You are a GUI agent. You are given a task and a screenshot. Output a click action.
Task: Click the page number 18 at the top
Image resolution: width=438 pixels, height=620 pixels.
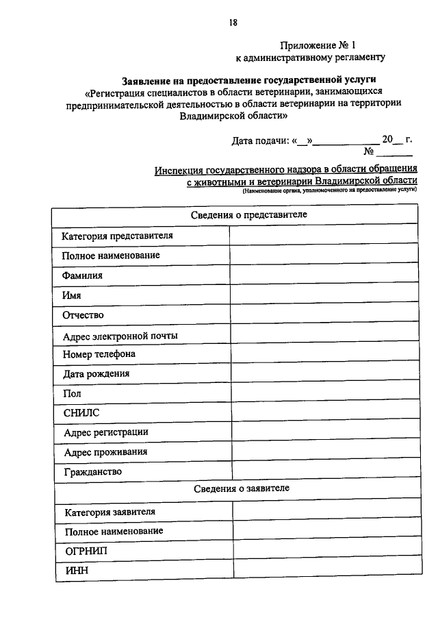(233, 23)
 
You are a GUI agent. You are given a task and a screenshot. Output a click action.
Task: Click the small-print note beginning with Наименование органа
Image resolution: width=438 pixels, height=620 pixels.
(328, 194)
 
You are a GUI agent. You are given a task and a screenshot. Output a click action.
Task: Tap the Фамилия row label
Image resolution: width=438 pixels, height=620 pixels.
(82, 275)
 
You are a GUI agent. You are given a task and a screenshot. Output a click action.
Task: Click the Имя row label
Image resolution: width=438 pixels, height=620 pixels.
(71, 295)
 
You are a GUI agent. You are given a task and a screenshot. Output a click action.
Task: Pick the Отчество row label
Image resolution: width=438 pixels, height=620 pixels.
(83, 315)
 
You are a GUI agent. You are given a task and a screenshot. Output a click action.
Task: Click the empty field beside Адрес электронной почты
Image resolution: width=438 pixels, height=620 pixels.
(323, 336)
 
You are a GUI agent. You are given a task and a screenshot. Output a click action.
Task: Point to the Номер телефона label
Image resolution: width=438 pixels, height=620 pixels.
(99, 355)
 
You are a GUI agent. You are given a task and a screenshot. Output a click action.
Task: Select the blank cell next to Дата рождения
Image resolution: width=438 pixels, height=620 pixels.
(323, 375)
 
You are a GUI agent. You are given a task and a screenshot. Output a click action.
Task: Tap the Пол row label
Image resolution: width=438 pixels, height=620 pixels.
(72, 394)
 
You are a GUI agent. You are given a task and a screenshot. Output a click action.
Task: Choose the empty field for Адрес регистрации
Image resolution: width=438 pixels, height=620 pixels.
(323, 433)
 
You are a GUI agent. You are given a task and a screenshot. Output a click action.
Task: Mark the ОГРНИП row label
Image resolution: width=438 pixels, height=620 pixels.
(86, 551)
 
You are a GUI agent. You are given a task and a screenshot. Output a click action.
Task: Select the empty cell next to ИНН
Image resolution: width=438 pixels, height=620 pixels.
(324, 571)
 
